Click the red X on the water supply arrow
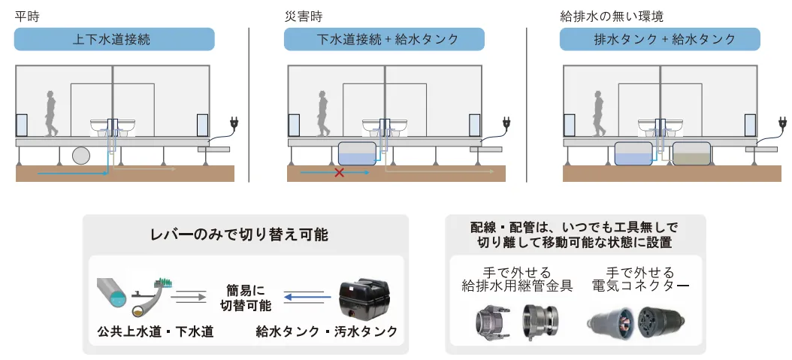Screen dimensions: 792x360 click(340, 173)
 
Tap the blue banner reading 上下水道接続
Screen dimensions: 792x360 click(114, 39)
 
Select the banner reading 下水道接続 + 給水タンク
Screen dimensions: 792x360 click(384, 39)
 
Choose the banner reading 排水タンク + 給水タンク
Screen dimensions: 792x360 click(660, 39)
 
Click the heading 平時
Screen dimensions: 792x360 click(27, 16)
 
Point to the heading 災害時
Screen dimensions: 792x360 click(304, 16)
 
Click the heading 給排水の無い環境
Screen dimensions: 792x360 click(612, 16)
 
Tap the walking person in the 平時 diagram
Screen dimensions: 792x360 click(50, 113)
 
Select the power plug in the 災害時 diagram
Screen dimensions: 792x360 click(506, 123)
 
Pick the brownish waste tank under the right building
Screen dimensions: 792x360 click(691, 154)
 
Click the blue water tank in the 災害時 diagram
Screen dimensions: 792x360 click(357, 154)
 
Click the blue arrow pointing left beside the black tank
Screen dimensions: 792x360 click(303, 297)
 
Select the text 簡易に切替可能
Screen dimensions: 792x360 click(246, 298)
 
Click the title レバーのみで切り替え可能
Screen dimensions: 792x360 click(240, 234)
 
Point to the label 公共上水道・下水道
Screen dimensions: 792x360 click(156, 331)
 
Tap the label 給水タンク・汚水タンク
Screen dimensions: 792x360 click(327, 331)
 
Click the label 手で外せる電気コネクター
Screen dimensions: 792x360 click(640, 280)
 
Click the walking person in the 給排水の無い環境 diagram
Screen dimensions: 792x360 click(599, 113)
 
